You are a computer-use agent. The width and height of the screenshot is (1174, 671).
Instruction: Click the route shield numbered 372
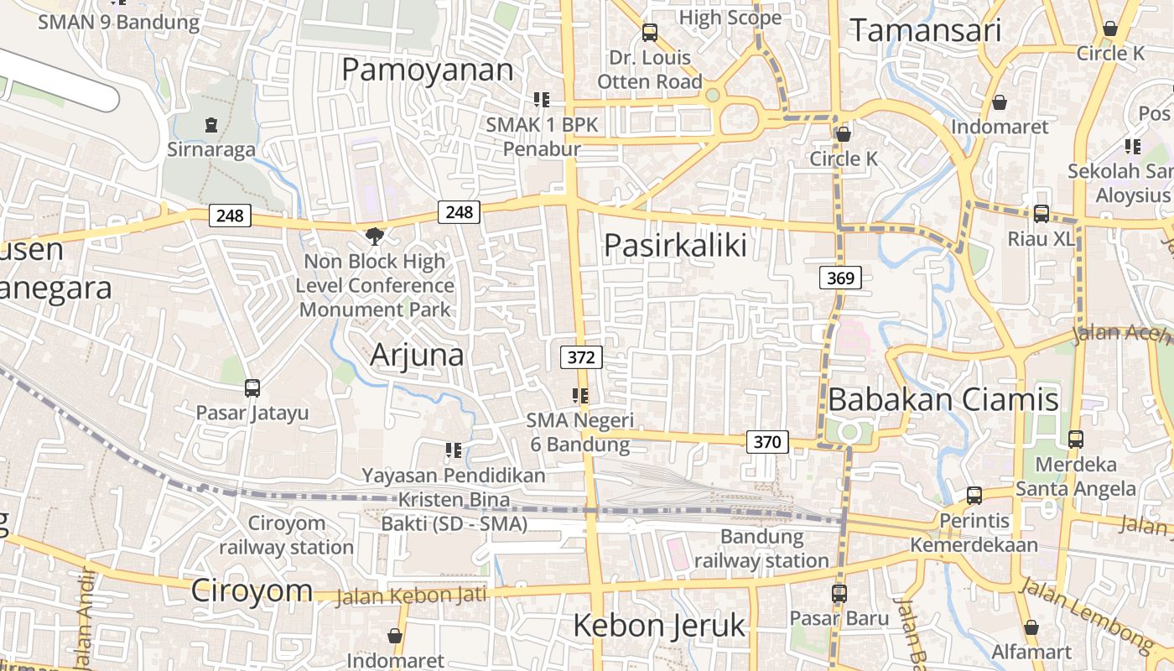[581, 357]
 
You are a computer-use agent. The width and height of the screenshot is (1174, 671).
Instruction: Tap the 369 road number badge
[840, 278]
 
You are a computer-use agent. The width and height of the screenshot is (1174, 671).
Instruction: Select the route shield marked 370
[767, 441]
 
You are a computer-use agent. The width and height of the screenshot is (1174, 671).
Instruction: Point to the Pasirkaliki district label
[675, 245]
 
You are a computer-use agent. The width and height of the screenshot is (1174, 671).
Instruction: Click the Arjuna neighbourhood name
[417, 355]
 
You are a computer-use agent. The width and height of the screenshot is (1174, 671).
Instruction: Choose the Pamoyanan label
[427, 70]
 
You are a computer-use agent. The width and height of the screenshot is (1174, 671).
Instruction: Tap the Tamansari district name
[926, 31]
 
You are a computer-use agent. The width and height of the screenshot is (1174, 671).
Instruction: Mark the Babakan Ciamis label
[943, 399]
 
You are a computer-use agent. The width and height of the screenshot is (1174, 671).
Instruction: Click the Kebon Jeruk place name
[659, 625]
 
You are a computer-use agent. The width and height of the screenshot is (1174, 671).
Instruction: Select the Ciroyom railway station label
[287, 535]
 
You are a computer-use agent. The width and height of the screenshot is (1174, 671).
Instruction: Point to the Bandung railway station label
[761, 549]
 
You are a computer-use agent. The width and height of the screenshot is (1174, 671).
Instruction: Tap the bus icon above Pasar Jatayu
[252, 388]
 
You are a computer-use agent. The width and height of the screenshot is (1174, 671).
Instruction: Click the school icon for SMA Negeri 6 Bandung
[580, 395]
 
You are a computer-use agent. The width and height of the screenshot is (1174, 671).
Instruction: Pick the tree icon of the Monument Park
[375, 237]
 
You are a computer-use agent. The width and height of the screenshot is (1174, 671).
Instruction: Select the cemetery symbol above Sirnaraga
[210, 125]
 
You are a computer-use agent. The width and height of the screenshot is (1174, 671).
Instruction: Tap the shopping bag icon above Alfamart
[1031, 627]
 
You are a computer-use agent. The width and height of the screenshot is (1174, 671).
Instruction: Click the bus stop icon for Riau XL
[1041, 214]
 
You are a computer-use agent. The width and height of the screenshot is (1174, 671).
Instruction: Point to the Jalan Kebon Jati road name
[411, 596]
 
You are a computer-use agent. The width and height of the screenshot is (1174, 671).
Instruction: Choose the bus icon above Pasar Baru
[839, 594]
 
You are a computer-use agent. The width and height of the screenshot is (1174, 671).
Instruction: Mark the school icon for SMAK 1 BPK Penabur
[542, 100]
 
